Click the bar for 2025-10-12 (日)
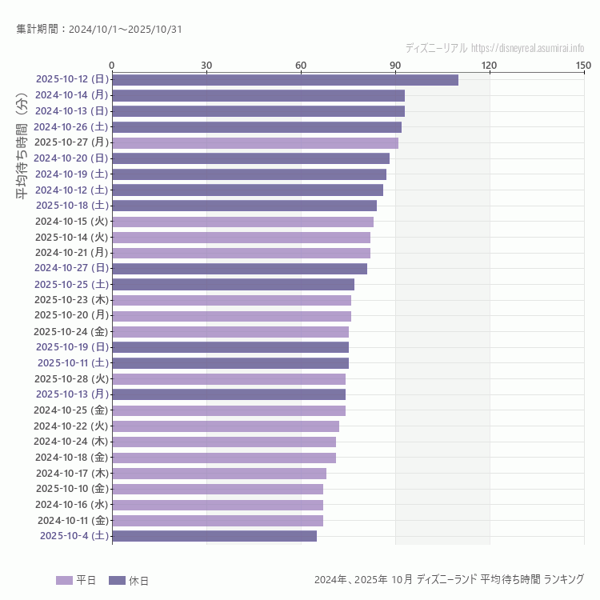click(285, 80)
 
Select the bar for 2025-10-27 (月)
click(254, 143)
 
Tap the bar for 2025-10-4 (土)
click(214, 536)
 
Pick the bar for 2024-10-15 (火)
click(242, 222)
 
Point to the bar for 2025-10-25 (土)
click(233, 284)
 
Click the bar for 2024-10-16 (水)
click(217, 505)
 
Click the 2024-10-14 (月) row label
click(71, 95)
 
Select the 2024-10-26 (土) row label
click(71, 126)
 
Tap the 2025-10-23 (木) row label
click(71, 300)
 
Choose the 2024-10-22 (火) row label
click(71, 426)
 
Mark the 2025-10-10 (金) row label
click(71, 489)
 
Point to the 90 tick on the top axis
click(395, 65)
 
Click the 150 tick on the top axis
click(583, 65)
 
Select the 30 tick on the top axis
click(206, 65)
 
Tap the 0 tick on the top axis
click(112, 65)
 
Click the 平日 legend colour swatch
click(64, 580)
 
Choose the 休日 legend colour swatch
click(117, 580)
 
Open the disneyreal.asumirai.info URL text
click(527, 48)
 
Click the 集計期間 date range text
click(98, 30)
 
